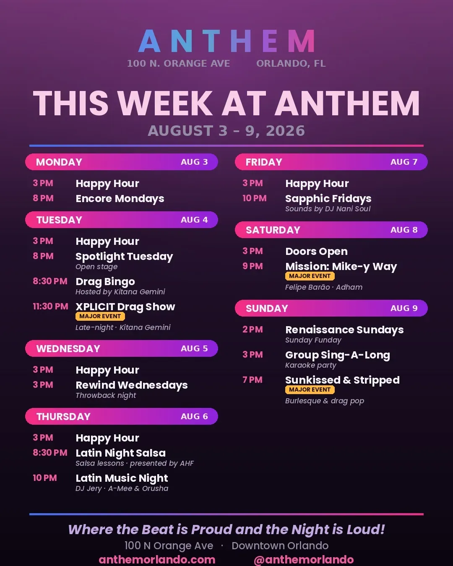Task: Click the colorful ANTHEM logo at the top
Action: click(226, 41)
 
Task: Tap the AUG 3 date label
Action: click(194, 162)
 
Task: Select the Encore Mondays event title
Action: click(120, 199)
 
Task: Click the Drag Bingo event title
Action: click(105, 282)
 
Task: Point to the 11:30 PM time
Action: click(50, 306)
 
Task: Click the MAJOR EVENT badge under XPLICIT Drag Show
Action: click(100, 316)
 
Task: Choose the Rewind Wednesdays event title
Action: click(132, 385)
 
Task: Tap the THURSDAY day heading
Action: click(63, 417)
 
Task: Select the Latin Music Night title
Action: click(122, 478)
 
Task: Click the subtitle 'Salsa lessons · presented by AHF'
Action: click(135, 463)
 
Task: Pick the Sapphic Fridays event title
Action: click(328, 199)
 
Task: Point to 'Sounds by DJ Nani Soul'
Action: click(328, 209)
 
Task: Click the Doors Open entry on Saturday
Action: click(316, 252)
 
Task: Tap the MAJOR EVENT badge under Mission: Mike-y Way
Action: click(310, 276)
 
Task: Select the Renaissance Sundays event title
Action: click(344, 330)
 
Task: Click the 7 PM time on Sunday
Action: click(253, 380)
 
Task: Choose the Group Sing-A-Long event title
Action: click(338, 355)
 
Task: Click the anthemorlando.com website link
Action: click(157, 560)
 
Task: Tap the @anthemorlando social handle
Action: click(304, 560)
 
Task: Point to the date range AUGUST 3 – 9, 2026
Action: click(226, 131)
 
